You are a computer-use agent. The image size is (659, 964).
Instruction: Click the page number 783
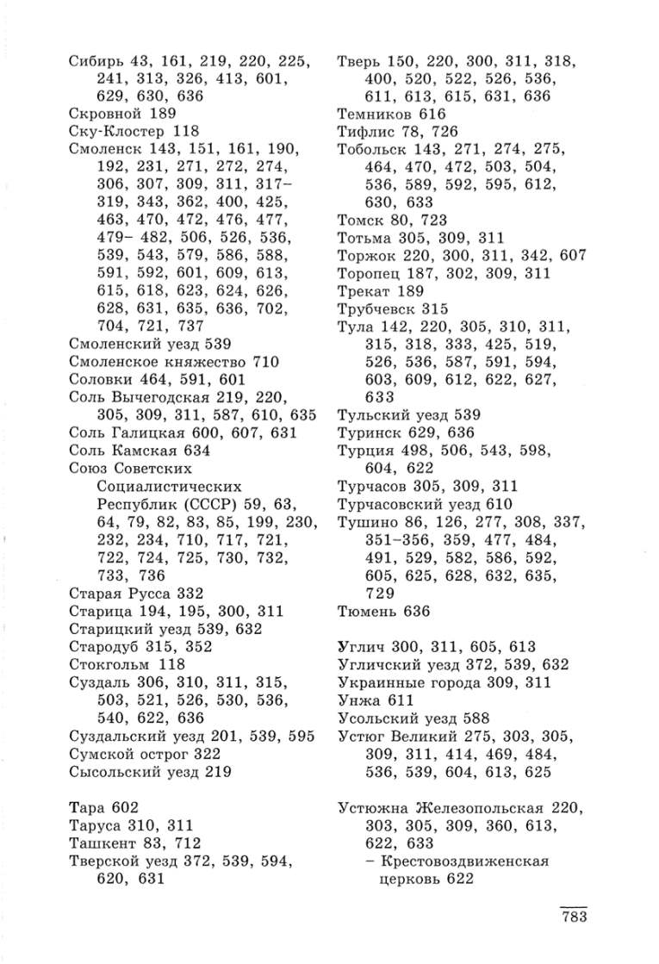(x=569, y=916)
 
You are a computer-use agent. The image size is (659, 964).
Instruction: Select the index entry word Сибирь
(x=96, y=61)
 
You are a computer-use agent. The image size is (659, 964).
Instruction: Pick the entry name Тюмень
(x=366, y=612)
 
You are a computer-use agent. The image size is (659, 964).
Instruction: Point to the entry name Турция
(x=365, y=451)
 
